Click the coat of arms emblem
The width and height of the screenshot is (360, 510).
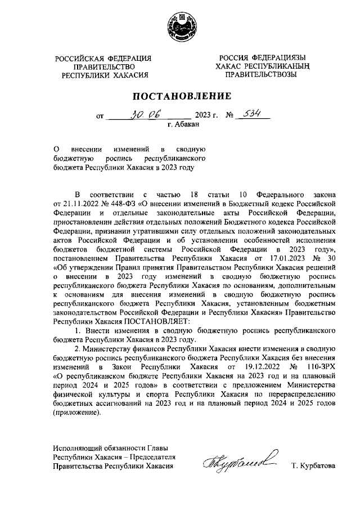click(179, 29)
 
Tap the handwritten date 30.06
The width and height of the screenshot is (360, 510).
click(146, 114)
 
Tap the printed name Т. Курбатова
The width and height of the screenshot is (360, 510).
click(313, 467)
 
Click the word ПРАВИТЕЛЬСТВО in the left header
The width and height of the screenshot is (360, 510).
click(105, 66)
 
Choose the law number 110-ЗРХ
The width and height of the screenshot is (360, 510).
click(317, 366)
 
